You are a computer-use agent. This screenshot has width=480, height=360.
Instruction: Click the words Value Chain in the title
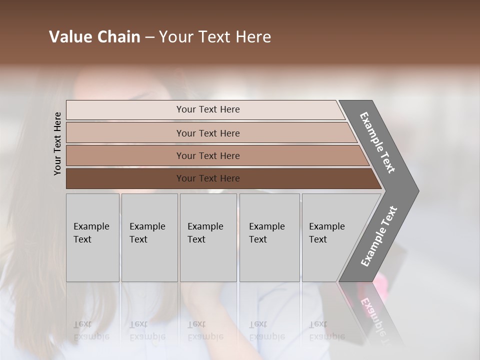click(94, 37)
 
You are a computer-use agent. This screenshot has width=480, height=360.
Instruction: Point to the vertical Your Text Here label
click(57, 144)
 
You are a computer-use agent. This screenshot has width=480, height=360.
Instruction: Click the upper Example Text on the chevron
click(377, 142)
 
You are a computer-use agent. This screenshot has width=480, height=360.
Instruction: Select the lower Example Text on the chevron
click(379, 236)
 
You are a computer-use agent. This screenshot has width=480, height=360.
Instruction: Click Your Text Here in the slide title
click(215, 37)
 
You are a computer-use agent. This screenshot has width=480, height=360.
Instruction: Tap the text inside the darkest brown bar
click(208, 178)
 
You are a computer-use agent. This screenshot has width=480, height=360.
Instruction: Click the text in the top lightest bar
click(208, 109)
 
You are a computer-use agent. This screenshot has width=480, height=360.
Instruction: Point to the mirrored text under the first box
click(91, 330)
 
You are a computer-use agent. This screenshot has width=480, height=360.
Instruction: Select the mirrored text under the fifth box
click(326, 330)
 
